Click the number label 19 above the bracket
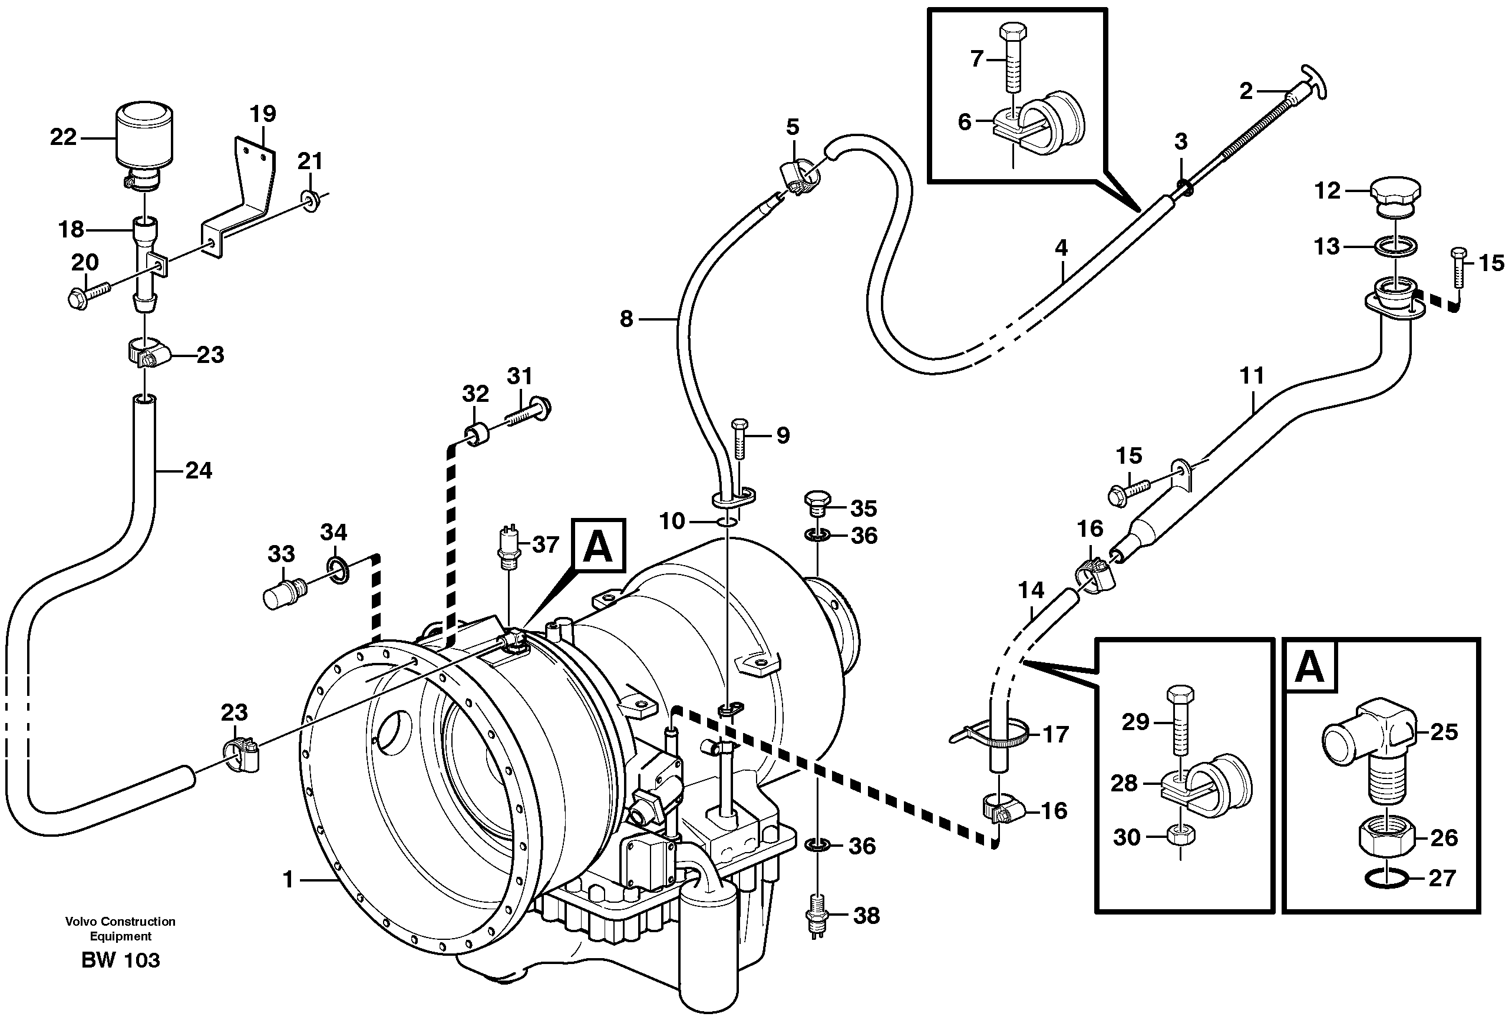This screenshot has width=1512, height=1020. click(263, 114)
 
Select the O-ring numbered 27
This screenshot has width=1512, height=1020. click(1386, 880)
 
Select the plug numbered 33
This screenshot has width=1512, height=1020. click(283, 593)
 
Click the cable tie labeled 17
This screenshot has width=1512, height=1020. click(989, 735)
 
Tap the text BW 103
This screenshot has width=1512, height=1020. click(120, 960)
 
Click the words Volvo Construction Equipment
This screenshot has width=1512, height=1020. click(120, 929)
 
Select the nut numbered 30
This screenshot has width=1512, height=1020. click(1180, 837)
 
